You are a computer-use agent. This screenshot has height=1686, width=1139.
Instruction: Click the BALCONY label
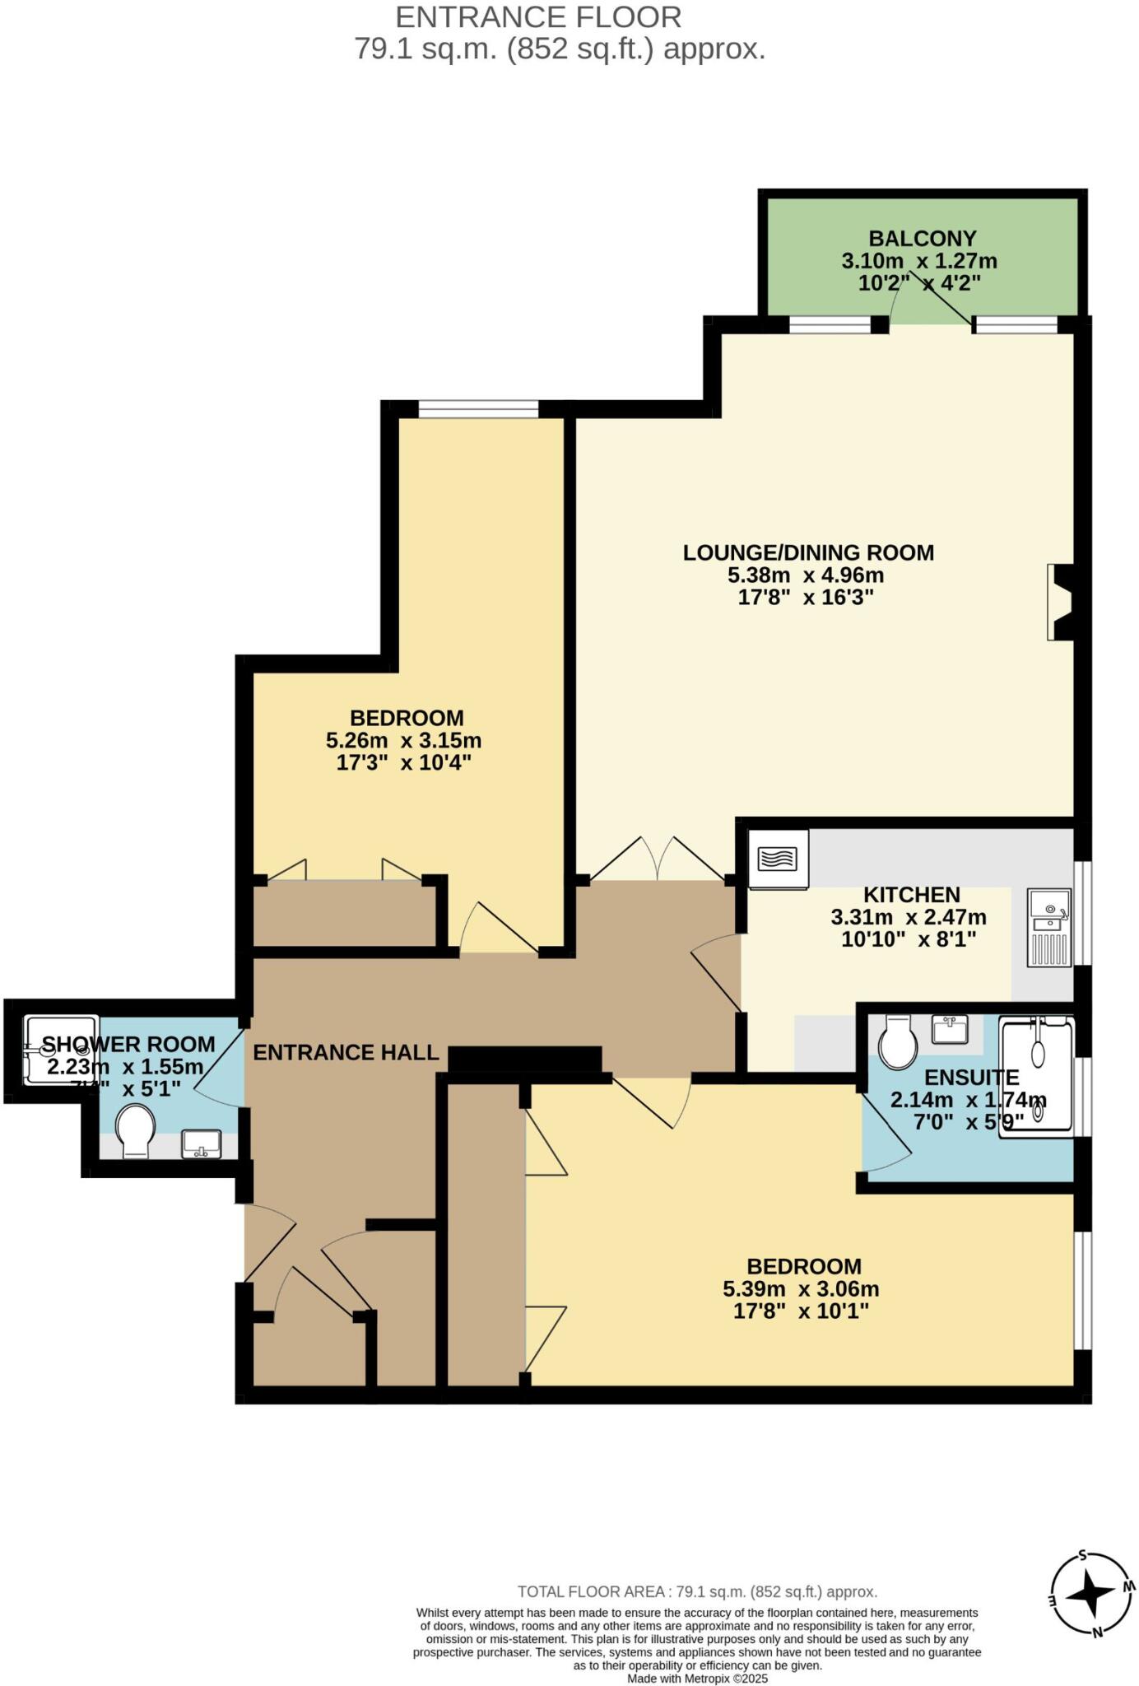coord(922,239)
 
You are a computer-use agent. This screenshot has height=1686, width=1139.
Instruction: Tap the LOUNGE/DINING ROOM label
coord(808,552)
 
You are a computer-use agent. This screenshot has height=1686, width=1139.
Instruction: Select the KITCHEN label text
coord(911,895)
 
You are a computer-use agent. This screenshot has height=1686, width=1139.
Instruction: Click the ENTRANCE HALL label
coord(346,1052)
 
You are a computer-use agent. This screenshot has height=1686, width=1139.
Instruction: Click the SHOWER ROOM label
coord(128,1044)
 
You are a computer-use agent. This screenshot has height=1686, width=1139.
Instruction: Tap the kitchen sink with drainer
coord(1049,927)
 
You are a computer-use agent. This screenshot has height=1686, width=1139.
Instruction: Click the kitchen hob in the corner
coord(778,859)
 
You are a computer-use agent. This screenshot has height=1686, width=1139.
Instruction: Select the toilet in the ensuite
coord(897,1041)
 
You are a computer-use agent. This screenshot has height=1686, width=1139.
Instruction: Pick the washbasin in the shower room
coord(201,1143)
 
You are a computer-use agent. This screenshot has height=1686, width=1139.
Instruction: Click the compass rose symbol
coord(1093,1594)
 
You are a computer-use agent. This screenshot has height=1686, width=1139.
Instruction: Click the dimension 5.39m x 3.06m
coord(800,1288)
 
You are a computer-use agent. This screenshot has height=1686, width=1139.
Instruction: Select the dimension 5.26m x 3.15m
coord(403,740)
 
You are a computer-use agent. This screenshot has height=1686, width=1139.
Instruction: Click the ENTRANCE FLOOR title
coord(538,17)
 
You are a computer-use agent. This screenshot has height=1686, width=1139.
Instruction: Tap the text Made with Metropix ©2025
coord(697,1678)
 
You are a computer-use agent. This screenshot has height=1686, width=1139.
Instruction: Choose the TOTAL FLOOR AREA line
coord(697,1592)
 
